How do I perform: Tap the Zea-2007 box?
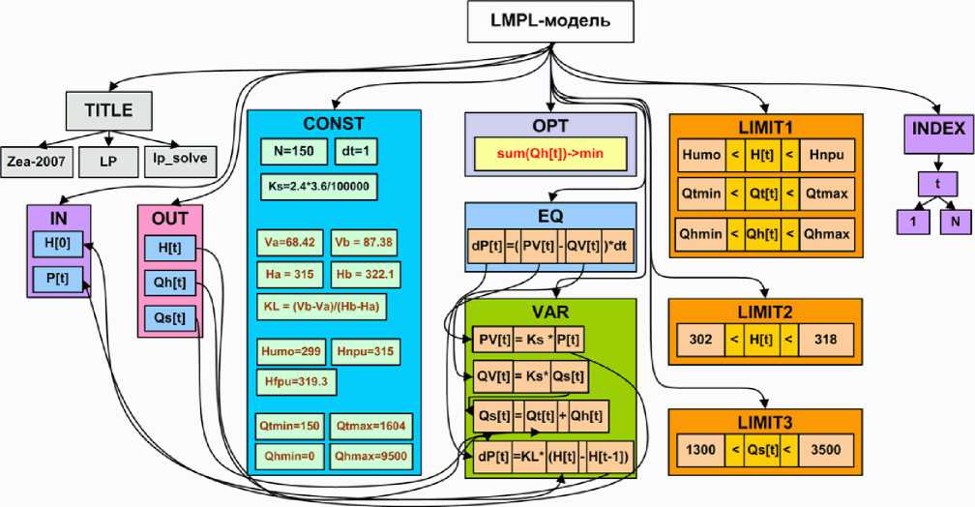(x=38, y=158)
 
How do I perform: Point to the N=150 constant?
(x=285, y=154)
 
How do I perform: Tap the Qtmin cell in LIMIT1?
(x=701, y=194)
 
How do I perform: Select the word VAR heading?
(x=549, y=313)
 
